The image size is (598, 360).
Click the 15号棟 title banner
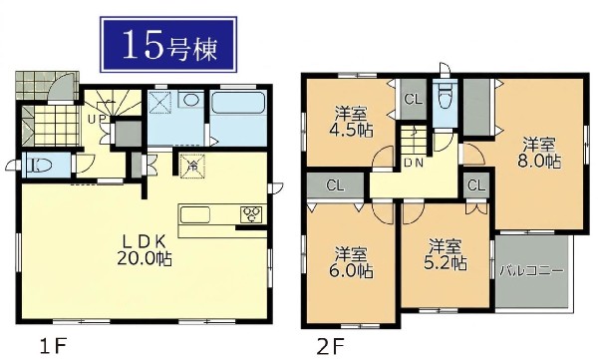coord(168,44)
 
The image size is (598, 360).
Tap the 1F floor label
coord(54,347)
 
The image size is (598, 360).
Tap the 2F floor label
coord(331,347)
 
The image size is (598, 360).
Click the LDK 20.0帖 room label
coord(145,251)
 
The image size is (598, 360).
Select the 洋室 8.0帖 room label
coord(539,153)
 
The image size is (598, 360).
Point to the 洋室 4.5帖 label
coord(351,122)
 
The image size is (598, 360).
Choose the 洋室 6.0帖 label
coord(351,262)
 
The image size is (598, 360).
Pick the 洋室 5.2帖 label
coord(446,254)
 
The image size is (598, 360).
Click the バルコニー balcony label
coord(531,271)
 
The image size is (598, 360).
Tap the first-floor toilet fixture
coord(39,165)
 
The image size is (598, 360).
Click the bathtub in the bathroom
coord(238,103)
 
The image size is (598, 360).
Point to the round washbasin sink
coord(190,100)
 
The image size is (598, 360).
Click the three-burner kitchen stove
coord(252,214)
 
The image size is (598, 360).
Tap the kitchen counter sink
coord(195,214)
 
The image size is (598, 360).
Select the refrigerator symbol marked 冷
coord(193,166)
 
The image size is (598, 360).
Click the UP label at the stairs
coord(96,119)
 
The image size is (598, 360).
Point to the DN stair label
coord(414,163)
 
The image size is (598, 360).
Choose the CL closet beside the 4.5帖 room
coord(414,100)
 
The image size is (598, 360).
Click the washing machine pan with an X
coord(160,103)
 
